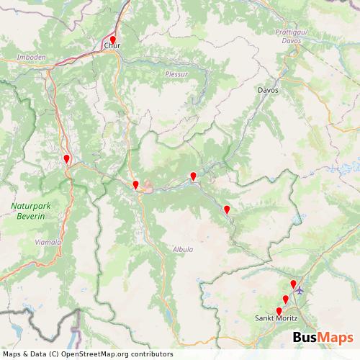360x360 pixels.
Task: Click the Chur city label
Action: [112, 47]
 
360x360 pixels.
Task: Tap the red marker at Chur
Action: [112, 40]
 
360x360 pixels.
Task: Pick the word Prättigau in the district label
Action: [292, 32]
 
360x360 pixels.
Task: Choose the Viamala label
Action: [48, 243]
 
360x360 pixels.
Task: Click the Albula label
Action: [183, 249]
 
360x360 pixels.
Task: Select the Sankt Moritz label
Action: [280, 318]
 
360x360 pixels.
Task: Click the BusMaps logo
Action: [323, 338]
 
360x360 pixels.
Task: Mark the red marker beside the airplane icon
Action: [292, 285]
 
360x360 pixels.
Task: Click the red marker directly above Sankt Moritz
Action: [279, 311]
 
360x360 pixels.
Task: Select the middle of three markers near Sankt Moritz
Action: [285, 299]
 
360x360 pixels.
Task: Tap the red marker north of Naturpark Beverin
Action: [67, 159]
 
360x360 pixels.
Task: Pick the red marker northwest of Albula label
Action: [135, 185]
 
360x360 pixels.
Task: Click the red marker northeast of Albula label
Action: [227, 210]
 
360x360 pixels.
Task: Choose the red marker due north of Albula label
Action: [193, 176]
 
